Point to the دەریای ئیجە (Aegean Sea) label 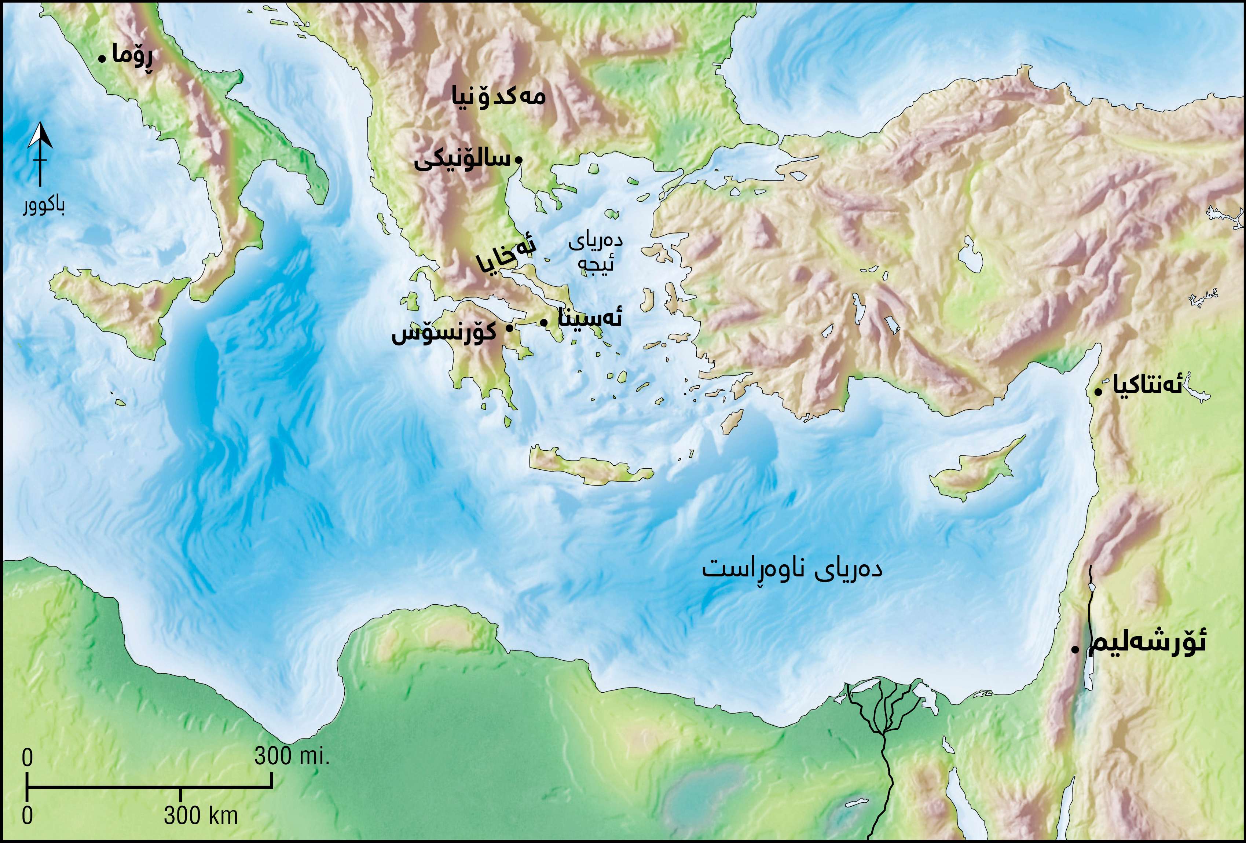595,252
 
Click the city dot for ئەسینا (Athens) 544,322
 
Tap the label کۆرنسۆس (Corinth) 444,334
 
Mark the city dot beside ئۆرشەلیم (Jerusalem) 1075,650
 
